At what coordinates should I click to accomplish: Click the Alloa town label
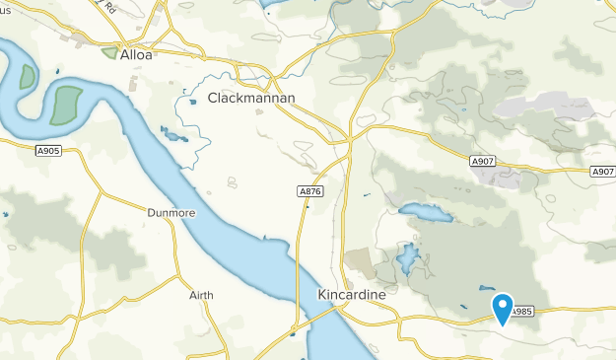[x=136, y=56]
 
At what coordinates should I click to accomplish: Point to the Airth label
[x=201, y=295]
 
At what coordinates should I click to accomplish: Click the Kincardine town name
[x=352, y=294]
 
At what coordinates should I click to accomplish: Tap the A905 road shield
[x=46, y=150]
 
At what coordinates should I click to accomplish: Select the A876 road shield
[x=308, y=190]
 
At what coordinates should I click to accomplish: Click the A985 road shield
[x=522, y=309]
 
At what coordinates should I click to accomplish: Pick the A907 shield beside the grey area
[x=481, y=161]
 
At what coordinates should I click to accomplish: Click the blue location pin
[x=503, y=307]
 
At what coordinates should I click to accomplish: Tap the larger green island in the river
[x=66, y=105]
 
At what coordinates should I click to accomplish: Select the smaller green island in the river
[x=25, y=76]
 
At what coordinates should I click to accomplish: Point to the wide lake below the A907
[x=423, y=211]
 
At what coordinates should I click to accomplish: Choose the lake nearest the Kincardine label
[x=407, y=259]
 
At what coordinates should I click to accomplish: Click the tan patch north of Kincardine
[x=361, y=261]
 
